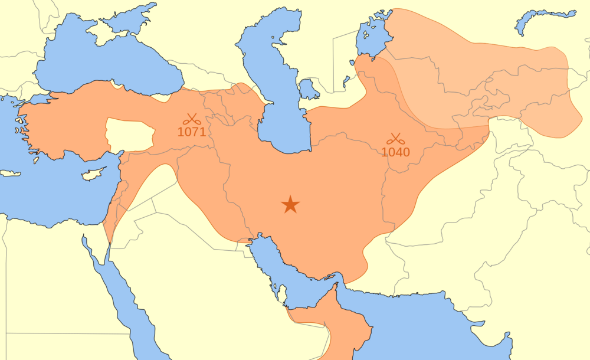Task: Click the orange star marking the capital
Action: (290, 205)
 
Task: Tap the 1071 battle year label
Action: (192, 132)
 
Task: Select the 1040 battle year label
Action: (395, 152)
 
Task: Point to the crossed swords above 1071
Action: (192, 119)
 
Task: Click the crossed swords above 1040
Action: (395, 139)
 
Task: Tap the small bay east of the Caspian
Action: (308, 90)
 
